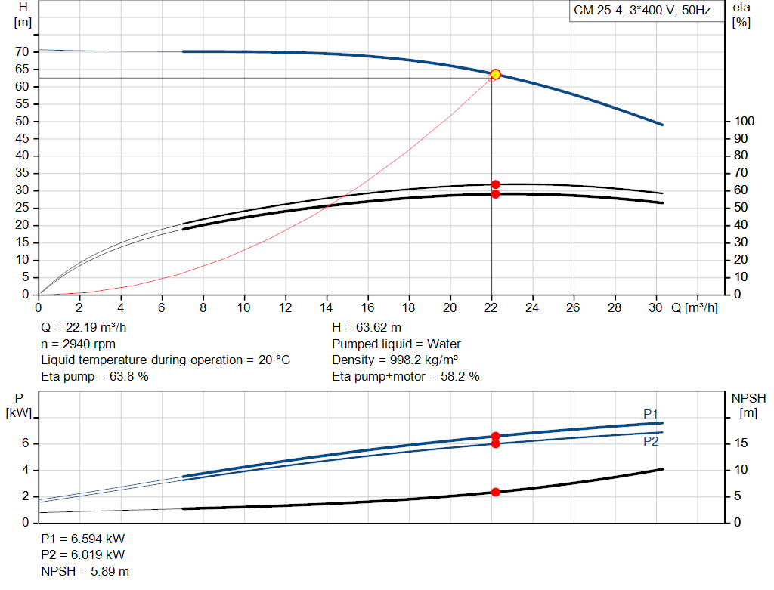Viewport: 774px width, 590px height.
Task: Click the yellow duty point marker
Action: click(495, 74)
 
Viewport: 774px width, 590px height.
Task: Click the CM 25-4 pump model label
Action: click(642, 11)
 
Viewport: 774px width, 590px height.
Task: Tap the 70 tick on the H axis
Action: click(23, 52)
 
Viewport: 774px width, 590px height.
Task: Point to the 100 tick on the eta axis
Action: click(745, 122)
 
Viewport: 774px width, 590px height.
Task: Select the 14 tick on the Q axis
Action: click(327, 308)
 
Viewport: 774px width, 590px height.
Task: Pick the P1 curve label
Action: click(651, 413)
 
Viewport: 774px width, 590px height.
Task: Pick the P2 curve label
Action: click(651, 441)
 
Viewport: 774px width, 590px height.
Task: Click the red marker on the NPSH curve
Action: click(495, 492)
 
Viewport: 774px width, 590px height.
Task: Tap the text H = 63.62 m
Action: click(367, 328)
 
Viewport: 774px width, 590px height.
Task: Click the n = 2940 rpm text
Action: click(78, 344)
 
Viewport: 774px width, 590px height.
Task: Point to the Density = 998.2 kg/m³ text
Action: click(395, 360)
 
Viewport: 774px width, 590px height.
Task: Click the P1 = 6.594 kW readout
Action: click(83, 539)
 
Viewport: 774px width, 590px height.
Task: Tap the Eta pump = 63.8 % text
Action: click(94, 376)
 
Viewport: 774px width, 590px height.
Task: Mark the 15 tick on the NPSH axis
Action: click(741, 443)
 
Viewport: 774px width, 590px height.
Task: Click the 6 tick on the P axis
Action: click(25, 443)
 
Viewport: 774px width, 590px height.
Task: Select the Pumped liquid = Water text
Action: click(397, 344)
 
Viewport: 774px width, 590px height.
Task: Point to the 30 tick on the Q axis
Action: click(655, 308)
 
